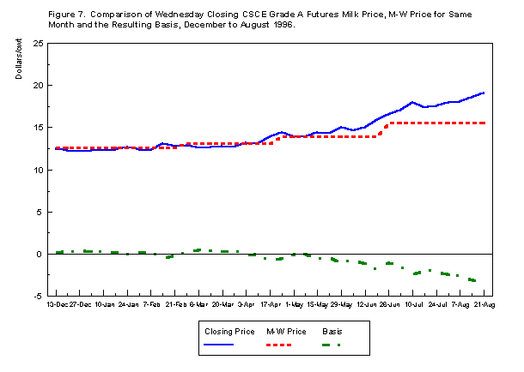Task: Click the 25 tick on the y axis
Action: click(x=40, y=44)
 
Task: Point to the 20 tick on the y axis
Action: click(x=40, y=86)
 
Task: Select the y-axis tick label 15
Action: click(x=40, y=128)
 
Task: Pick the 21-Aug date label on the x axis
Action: click(x=484, y=304)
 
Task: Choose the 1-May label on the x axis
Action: click(x=295, y=304)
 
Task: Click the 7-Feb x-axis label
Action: click(x=152, y=304)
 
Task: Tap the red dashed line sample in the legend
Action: click(x=274, y=345)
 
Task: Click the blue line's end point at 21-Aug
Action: click(x=484, y=93)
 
